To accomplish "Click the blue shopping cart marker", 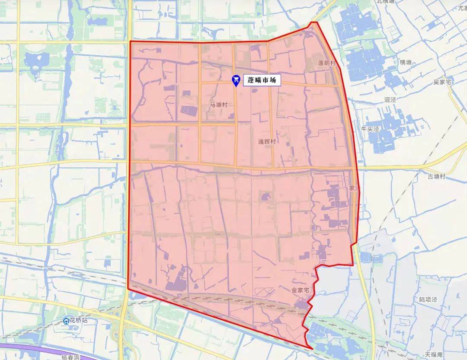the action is click(236, 80).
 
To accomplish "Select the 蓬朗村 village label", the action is click(326, 63).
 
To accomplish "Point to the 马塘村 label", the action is click(218, 105).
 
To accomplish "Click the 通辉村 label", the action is click(267, 141).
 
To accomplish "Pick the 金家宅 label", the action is click(301, 291).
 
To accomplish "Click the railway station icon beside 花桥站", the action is click(66, 321).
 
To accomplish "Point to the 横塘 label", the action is click(406, 62).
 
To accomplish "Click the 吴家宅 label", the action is click(442, 82).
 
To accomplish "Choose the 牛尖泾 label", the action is click(370, 129).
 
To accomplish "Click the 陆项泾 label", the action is click(429, 299).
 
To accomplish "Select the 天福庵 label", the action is click(433, 355).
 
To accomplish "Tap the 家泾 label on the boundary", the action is click(355, 188).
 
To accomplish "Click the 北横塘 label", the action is click(386, 2).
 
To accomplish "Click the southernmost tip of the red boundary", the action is click(312, 348).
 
